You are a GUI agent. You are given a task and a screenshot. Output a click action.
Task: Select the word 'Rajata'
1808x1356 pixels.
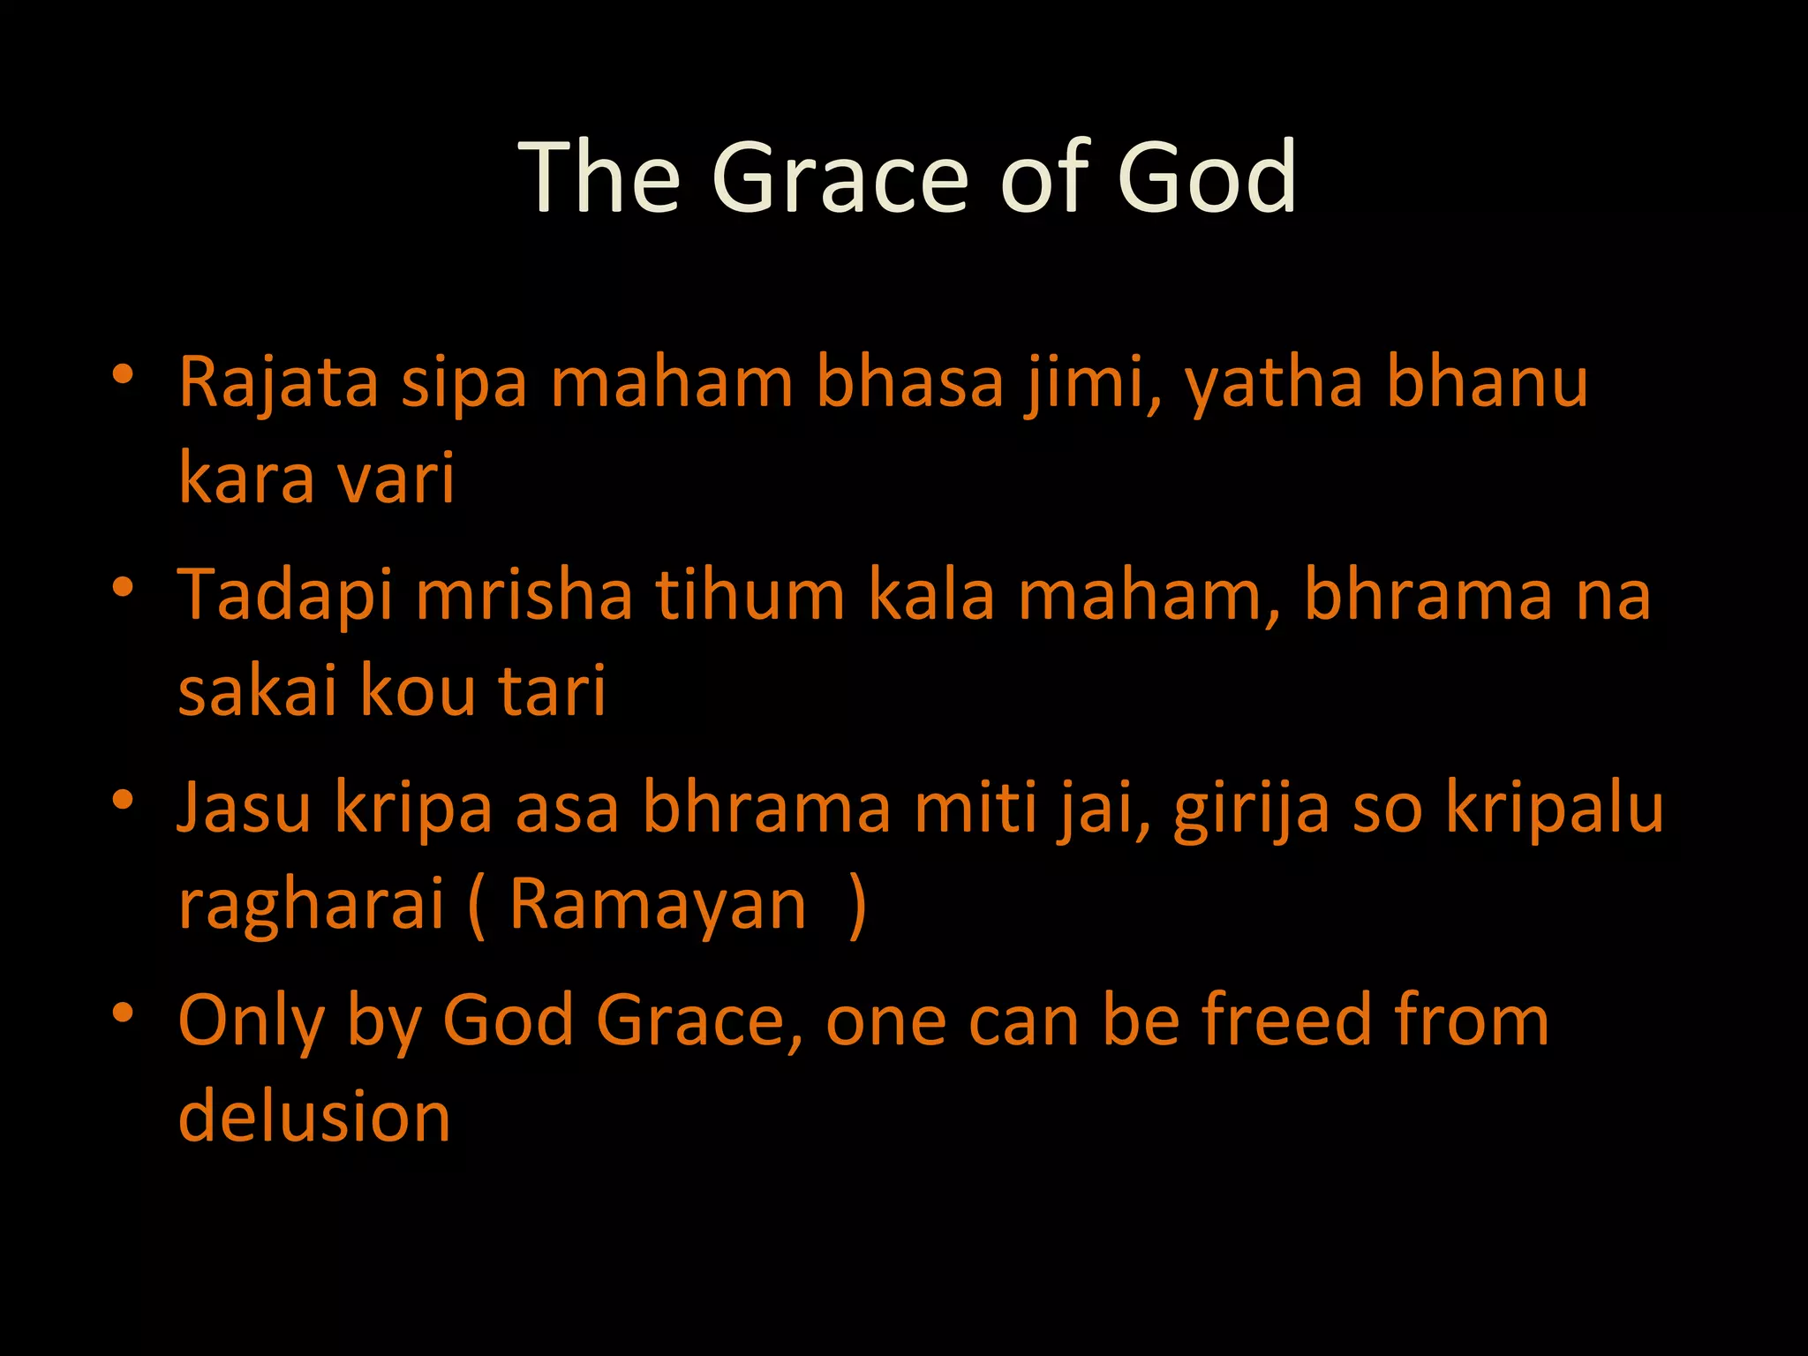pyautogui.click(x=278, y=383)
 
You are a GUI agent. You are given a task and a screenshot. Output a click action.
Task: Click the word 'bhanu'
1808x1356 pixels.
pyautogui.click(x=1487, y=383)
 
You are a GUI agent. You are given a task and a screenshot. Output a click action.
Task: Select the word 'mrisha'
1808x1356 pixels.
pyautogui.click(x=524, y=595)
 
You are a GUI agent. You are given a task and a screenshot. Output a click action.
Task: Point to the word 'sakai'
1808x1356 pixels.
pyautogui.click(x=257, y=690)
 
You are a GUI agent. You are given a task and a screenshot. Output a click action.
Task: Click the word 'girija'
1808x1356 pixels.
pyautogui.click(x=1250, y=809)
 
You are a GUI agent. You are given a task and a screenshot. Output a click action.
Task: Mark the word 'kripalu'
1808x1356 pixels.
pyautogui.click(x=1554, y=809)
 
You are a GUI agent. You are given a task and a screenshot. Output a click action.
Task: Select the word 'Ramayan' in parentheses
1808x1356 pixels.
pyautogui.click(x=658, y=904)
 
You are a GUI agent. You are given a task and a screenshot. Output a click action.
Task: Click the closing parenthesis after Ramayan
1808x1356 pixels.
pyautogui.click(x=855, y=906)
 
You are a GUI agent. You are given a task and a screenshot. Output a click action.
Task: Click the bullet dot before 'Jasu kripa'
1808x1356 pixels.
pyautogui.click(x=123, y=800)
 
